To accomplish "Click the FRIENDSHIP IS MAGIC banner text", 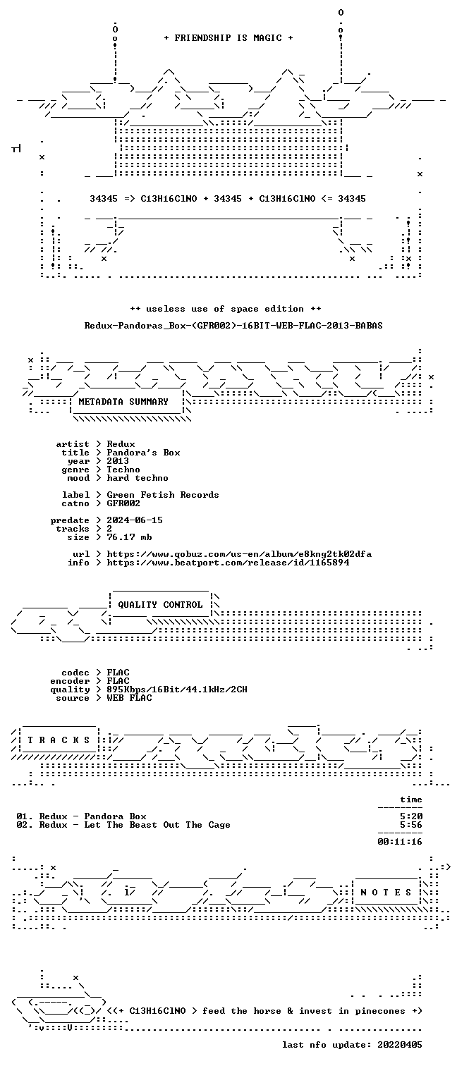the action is coord(228,38).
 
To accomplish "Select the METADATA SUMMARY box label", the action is coord(123,402).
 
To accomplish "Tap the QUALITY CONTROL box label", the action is coord(160,605).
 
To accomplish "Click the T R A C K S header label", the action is coord(59,740).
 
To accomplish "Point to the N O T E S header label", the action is coord(386,893).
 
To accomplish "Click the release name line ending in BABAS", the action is coord(233,326).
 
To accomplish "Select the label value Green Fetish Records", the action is coord(163,495).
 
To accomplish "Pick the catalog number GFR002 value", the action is coord(123,503).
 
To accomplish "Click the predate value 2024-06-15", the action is coord(135,520).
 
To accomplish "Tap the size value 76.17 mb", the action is coord(130,537).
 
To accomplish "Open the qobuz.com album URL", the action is coord(239,554).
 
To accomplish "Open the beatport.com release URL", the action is coord(228,563).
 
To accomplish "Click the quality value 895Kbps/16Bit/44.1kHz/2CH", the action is coord(177,690).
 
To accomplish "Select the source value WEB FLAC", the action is coord(130,698).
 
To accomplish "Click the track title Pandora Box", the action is coord(115,816).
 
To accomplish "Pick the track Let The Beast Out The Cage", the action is coord(157,825).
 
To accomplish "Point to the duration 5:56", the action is coord(411,825).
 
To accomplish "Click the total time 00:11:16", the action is coord(400,842).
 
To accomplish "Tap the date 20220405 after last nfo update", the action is coord(400,1045).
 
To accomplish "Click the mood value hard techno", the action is coord(138,478).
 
